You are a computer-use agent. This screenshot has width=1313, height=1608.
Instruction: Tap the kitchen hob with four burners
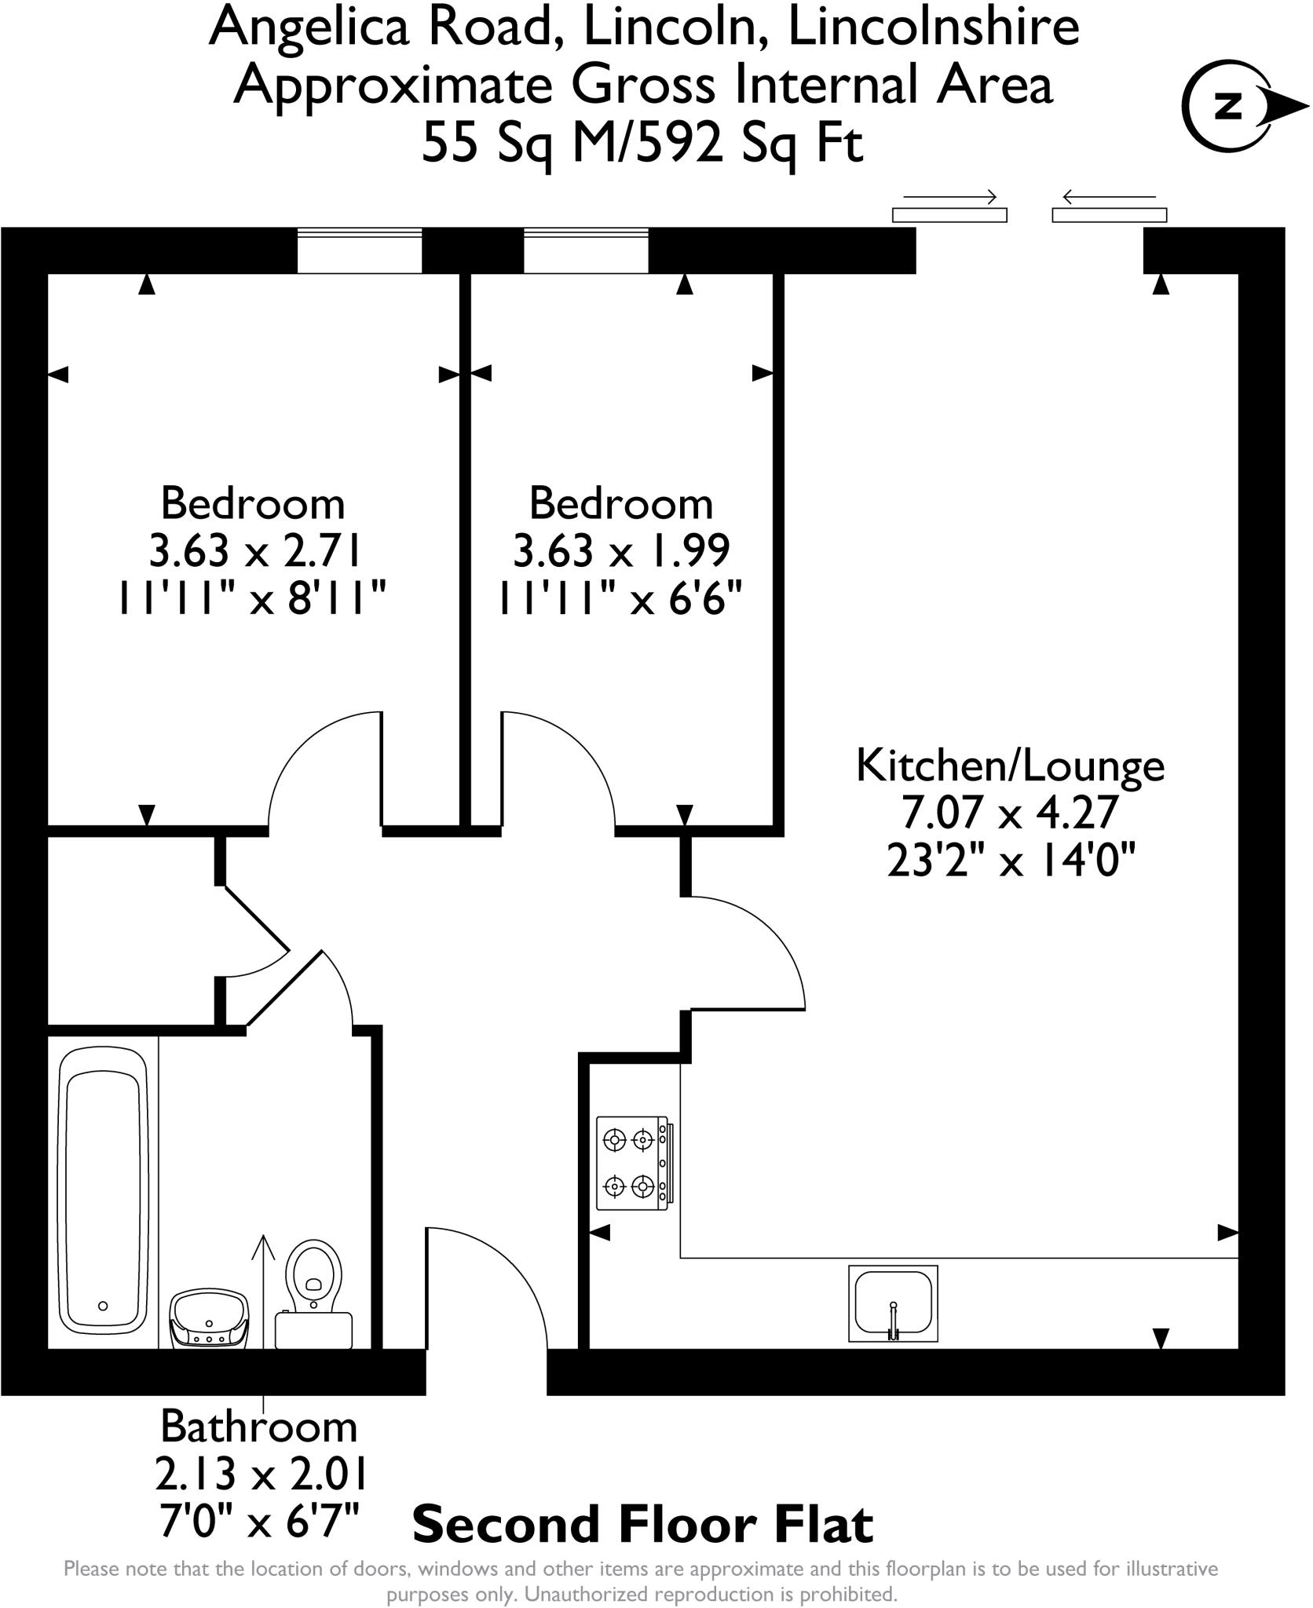pyautogui.click(x=633, y=1163)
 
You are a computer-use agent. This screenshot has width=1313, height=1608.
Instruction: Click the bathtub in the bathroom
pyautogui.click(x=103, y=1193)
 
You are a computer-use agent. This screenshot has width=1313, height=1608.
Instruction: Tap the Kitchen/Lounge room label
pyautogui.click(x=1010, y=766)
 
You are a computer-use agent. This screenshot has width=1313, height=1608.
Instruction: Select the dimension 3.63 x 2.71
pyautogui.click(x=254, y=551)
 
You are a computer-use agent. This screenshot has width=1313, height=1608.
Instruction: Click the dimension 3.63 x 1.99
pyautogui.click(x=621, y=551)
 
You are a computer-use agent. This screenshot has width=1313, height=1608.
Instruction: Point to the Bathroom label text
pyautogui.click(x=258, y=1427)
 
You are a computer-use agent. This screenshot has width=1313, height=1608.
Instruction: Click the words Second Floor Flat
pyautogui.click(x=642, y=1525)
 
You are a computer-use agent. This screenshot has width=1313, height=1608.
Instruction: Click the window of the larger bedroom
pyautogui.click(x=359, y=250)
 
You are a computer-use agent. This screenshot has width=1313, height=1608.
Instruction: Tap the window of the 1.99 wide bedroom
pyautogui.click(x=586, y=250)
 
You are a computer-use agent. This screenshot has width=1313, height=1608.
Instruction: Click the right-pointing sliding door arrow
pyautogui.click(x=949, y=196)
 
